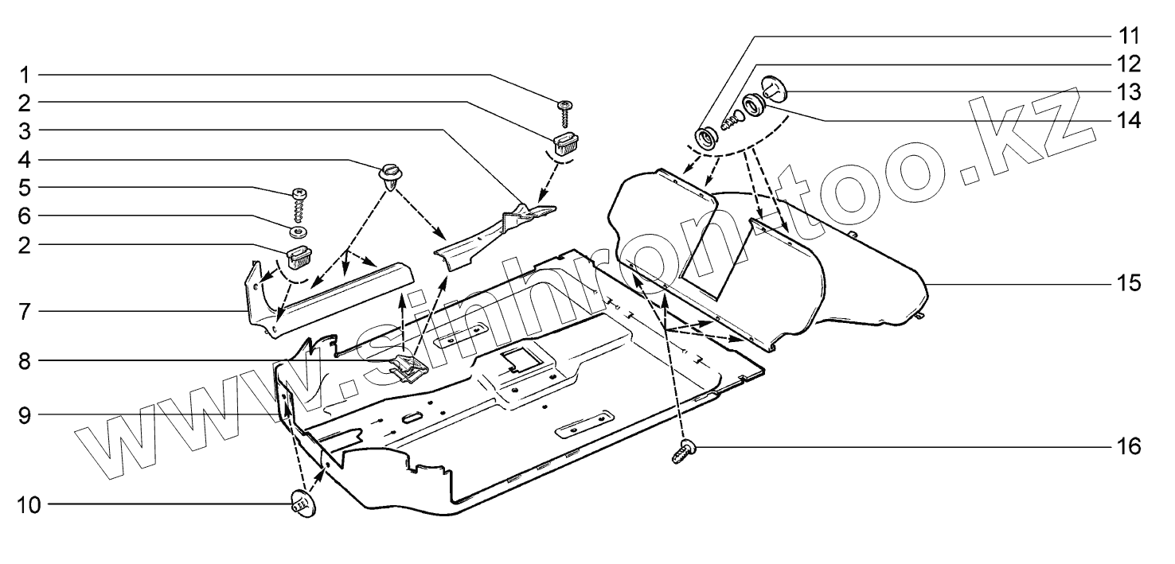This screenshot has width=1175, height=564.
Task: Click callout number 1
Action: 25,76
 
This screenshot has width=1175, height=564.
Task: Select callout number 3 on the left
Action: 25,130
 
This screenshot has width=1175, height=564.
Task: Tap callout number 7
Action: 25,310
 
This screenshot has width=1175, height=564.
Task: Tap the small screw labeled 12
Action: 732,122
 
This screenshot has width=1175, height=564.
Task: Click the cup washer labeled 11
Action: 706,138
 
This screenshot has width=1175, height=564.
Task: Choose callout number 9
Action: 25,414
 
